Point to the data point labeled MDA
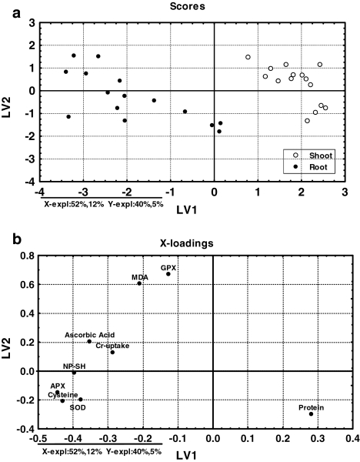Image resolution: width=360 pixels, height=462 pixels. coord(139,283)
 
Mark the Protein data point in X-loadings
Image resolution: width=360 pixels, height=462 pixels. coord(311,414)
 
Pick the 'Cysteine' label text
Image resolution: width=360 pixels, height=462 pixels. coord(63,394)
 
